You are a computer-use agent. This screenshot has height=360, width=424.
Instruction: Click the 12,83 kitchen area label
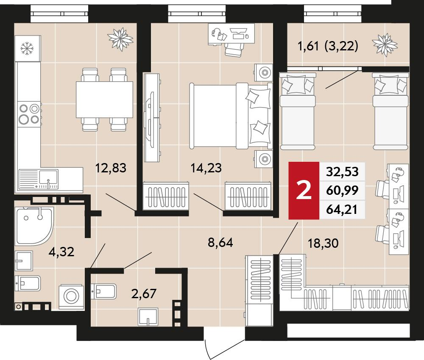111,168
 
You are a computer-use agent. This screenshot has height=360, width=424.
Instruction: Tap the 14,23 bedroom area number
206,168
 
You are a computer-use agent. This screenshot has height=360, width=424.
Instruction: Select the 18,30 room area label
323,243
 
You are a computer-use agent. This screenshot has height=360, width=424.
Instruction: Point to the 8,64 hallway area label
220,243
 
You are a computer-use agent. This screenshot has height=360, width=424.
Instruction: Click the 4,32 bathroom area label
61,252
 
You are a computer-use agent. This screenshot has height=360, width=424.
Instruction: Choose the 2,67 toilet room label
144,294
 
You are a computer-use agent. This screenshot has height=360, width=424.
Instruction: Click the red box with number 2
304,191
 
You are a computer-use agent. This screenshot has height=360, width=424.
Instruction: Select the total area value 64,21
342,209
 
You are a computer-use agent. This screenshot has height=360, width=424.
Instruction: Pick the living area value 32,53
342,172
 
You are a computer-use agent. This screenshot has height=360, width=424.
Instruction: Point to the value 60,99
342,191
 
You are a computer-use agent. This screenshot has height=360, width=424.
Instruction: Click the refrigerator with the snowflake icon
28,49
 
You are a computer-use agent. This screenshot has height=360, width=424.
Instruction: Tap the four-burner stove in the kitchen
29,114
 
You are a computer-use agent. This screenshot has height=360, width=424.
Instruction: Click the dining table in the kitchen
104,100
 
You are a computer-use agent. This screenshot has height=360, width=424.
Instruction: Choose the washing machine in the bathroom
71,296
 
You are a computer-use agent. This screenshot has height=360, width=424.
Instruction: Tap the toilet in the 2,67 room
103,291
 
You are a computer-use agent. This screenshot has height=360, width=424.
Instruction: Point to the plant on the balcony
385,45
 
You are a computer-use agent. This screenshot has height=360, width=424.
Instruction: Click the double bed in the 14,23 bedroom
231,116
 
